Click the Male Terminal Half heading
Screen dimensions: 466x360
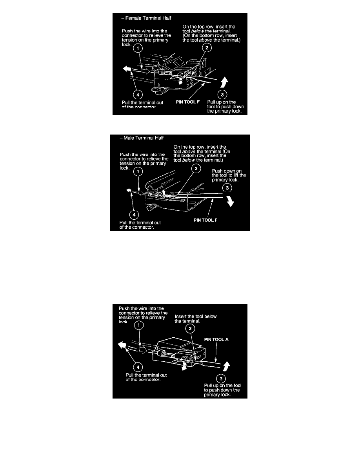(x=143, y=138)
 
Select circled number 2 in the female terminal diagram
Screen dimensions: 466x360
(x=207, y=48)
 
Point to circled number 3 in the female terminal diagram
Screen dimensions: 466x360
(x=222, y=95)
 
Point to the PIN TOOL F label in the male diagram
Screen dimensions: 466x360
(x=205, y=220)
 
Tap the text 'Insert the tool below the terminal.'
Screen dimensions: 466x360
(x=195, y=319)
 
